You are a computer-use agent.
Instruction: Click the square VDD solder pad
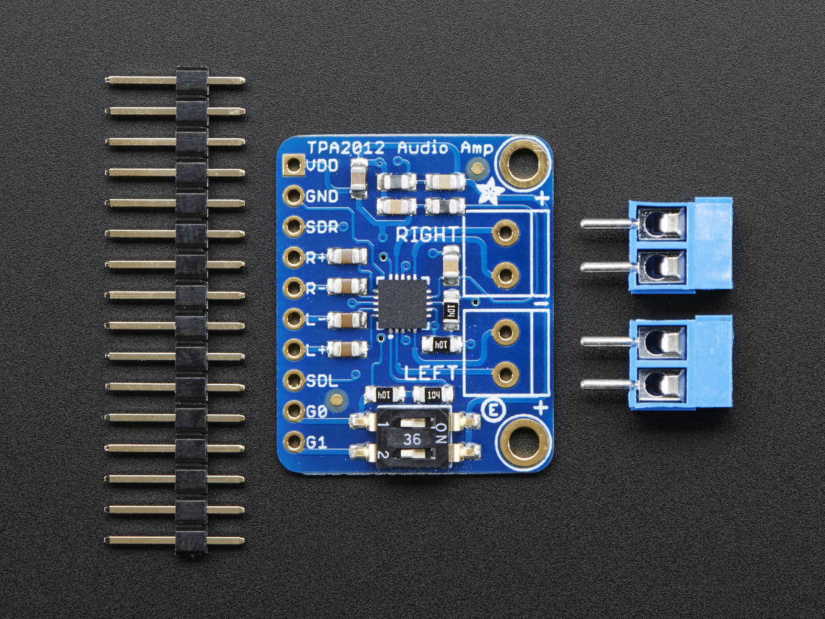(294, 165)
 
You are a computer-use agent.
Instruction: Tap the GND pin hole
(294, 196)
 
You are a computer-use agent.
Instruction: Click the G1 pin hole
(294, 442)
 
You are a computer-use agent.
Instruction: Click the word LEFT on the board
(430, 373)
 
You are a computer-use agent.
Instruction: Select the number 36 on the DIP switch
(413, 439)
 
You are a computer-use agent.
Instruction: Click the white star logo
(490, 191)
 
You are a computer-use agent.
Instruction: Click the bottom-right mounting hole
(525, 444)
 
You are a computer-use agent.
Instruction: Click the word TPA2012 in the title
(350, 148)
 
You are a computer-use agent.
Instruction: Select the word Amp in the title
(476, 148)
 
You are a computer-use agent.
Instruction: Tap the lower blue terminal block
(681, 362)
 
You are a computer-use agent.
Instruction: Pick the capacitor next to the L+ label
(348, 349)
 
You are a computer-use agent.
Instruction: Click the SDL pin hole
(294, 380)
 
